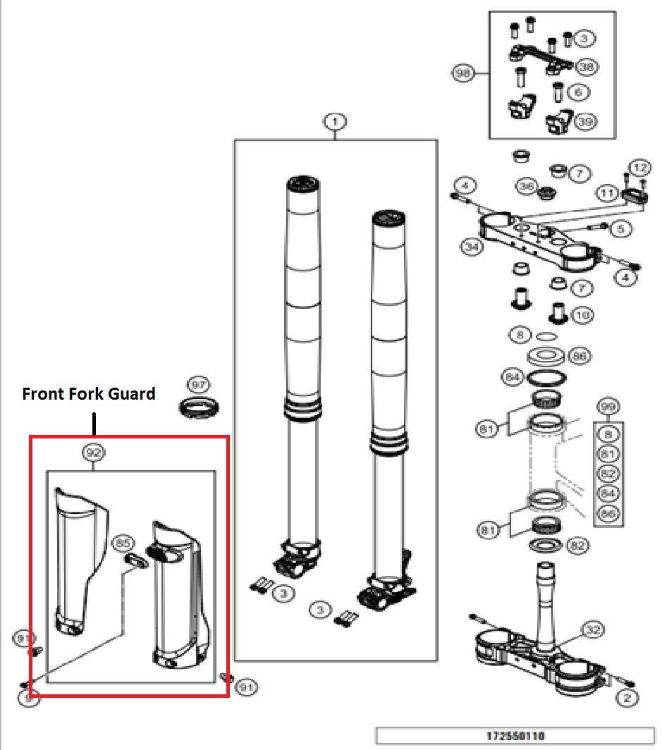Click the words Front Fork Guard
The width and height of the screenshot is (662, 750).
click(89, 394)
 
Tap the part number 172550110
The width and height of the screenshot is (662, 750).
click(515, 736)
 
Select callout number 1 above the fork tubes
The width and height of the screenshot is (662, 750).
click(335, 122)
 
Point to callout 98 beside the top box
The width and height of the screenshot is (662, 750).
click(462, 73)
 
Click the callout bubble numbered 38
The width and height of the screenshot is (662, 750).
click(585, 67)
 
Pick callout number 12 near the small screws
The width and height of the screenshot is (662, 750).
click(638, 168)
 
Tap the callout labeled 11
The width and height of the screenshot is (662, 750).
click(608, 192)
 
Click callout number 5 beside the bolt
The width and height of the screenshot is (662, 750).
click(619, 228)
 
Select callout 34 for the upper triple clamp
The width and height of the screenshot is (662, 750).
click(471, 247)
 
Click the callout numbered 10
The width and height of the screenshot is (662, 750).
click(582, 315)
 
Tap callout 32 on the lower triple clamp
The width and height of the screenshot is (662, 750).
click(592, 629)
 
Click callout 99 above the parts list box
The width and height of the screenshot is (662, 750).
click(608, 407)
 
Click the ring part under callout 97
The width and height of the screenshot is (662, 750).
click(200, 407)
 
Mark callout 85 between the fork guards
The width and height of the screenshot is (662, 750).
click(123, 543)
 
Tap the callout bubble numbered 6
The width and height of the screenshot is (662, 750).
click(577, 92)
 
